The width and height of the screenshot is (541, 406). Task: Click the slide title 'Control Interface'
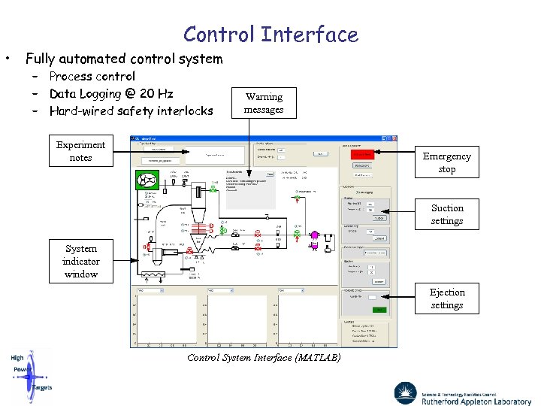270,35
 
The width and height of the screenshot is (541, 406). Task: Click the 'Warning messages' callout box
264,103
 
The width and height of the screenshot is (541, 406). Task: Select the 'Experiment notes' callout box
80,151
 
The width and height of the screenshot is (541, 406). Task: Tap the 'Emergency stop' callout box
446,162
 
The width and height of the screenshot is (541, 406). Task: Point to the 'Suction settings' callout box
447,214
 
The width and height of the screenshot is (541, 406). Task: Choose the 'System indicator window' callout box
80,262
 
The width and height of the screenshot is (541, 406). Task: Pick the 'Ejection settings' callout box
447,298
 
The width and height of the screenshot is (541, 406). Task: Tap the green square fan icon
144,180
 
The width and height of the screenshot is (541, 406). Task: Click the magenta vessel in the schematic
315,235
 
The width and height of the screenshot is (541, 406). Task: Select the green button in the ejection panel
379,309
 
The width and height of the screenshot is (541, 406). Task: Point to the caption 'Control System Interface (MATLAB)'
264,358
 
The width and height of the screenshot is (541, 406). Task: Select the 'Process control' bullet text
92,76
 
